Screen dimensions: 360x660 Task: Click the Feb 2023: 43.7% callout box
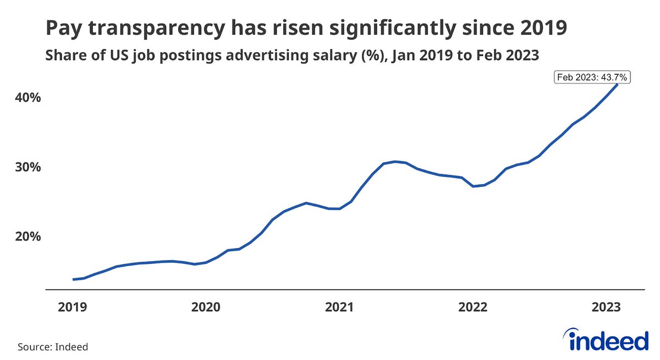[592, 77]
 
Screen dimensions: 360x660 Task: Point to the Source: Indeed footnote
[53, 347]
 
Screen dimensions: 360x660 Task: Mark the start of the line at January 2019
[73, 279]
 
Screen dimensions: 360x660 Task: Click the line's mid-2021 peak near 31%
[395, 162]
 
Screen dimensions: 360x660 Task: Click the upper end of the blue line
[617, 84]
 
